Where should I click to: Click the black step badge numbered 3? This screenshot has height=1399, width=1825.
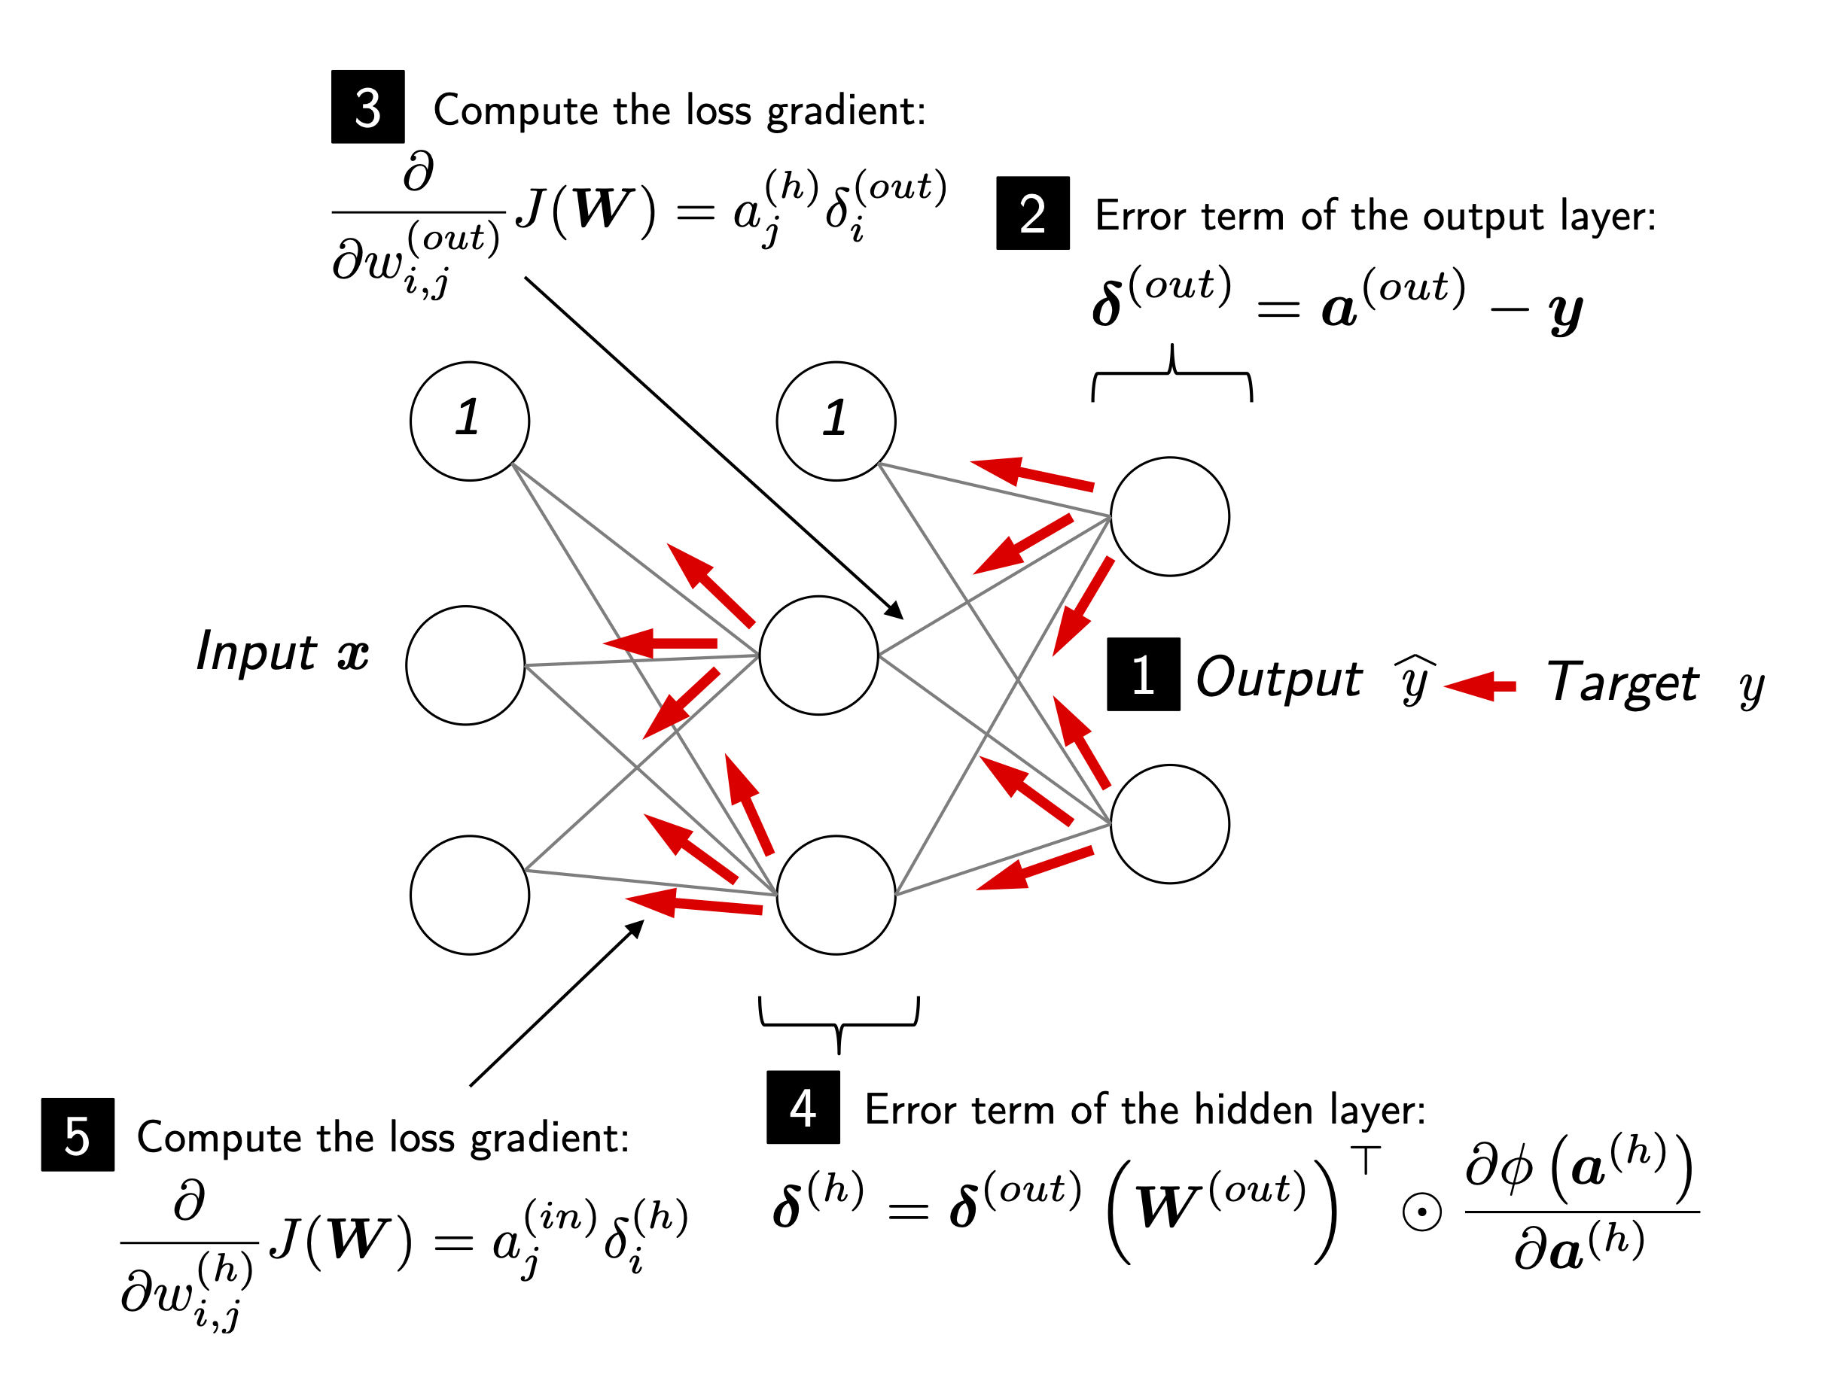pyautogui.click(x=367, y=107)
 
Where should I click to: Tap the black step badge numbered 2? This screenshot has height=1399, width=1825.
pyautogui.click(x=1032, y=213)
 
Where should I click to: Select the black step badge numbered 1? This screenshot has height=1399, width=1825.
pyautogui.click(x=1143, y=674)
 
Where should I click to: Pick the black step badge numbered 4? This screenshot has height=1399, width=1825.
pyautogui.click(x=803, y=1108)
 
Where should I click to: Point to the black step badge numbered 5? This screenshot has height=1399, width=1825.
pyautogui.click(x=78, y=1135)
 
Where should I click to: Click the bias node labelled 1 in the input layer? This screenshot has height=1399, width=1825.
pyautogui.click(x=470, y=421)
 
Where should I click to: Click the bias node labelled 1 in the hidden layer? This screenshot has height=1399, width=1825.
pyautogui.click(x=836, y=421)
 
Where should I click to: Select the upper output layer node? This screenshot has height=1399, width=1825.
pyautogui.click(x=1169, y=516)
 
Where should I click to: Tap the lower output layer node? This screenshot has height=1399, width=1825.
pyautogui.click(x=1169, y=823)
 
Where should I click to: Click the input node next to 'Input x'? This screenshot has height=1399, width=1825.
pyautogui.click(x=465, y=665)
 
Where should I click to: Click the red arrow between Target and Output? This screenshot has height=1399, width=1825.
pyautogui.click(x=1480, y=686)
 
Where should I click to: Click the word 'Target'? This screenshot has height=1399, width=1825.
pyautogui.click(x=1622, y=683)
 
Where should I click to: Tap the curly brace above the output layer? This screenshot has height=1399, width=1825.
pyautogui.click(x=1172, y=374)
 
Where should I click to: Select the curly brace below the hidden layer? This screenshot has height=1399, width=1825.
pyautogui.click(x=839, y=1023)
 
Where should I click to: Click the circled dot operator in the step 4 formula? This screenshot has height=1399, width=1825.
pyautogui.click(x=1422, y=1212)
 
